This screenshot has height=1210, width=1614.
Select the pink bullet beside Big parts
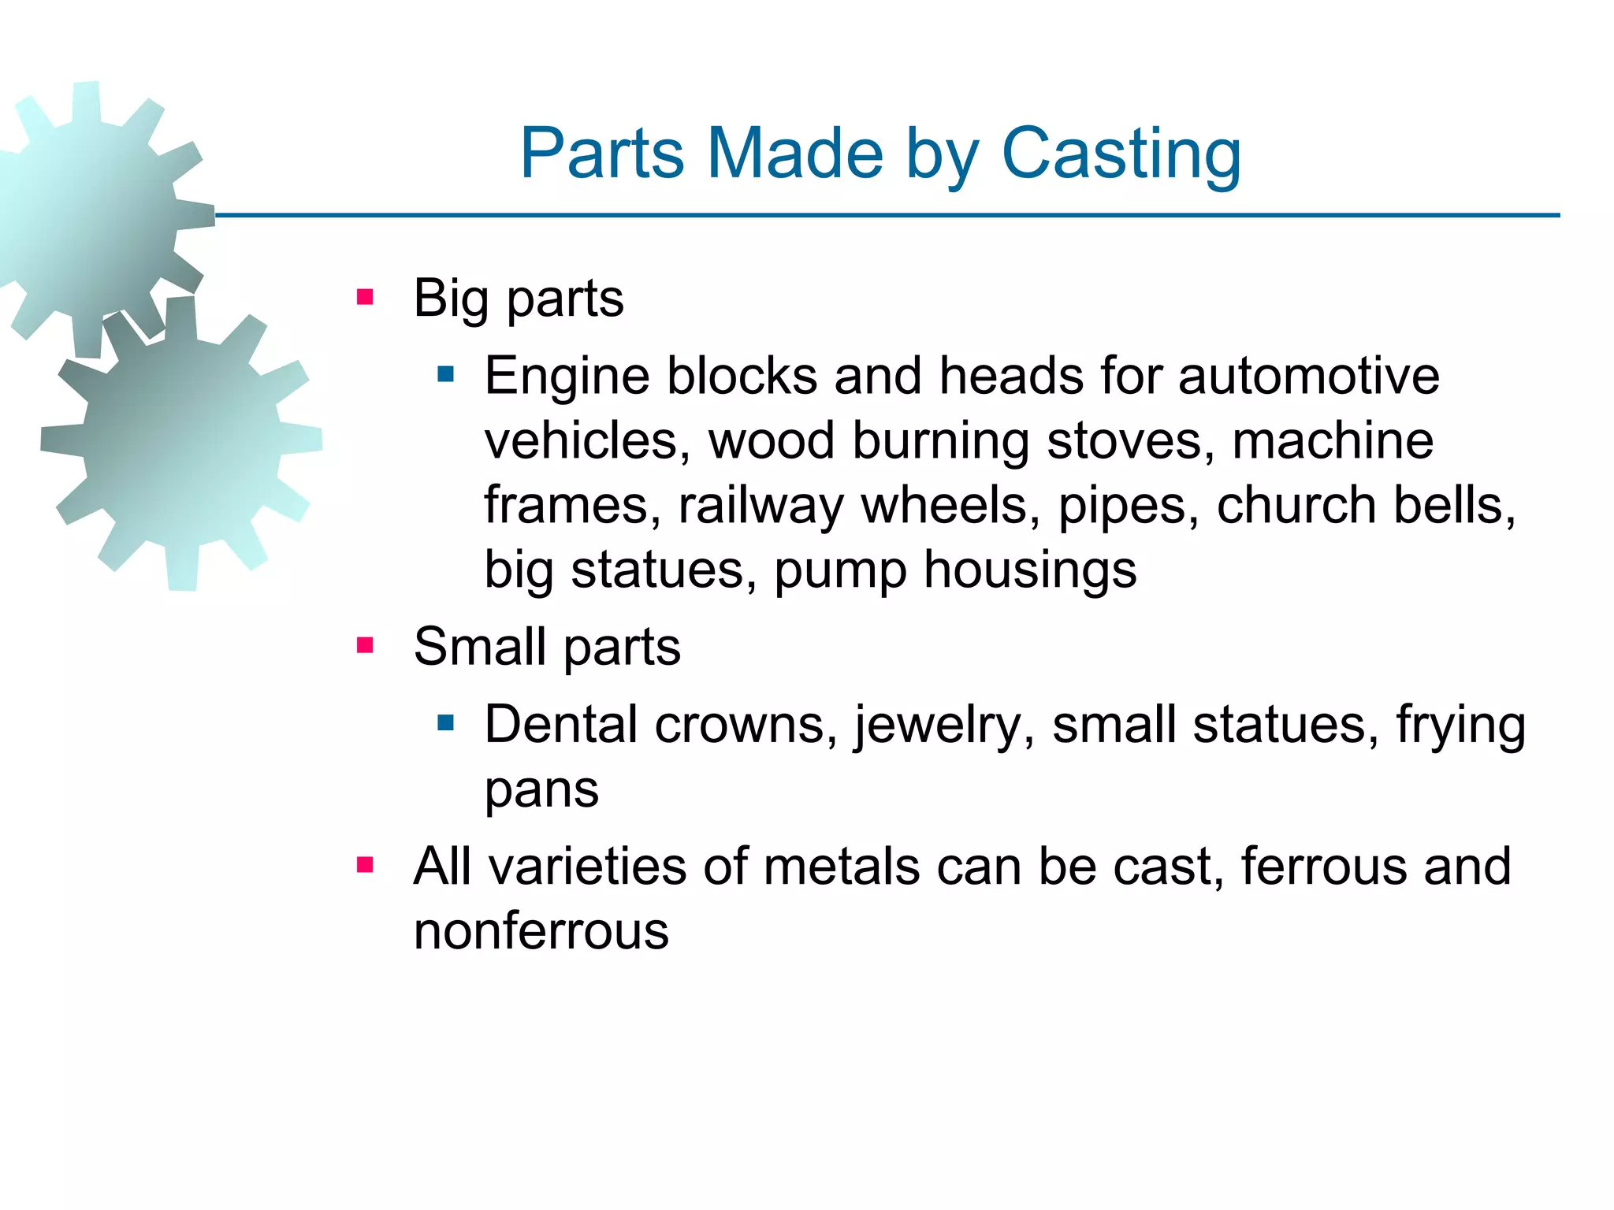coord(364,298)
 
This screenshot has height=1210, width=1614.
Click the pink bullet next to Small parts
coord(364,646)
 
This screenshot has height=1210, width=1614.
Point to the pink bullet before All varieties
coord(364,866)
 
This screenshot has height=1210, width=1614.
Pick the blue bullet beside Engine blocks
coord(446,374)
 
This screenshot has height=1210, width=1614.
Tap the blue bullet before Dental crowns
coord(446,722)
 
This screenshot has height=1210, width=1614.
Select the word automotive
coord(1308,376)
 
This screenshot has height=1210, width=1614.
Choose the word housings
coord(1030,571)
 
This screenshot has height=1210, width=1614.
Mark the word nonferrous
coord(541,932)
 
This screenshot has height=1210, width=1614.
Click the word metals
coord(842,867)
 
